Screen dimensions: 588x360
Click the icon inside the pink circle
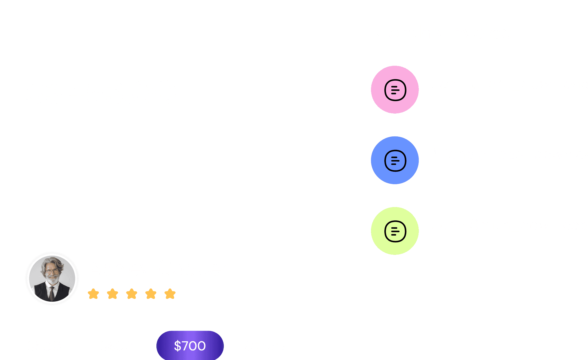[x=395, y=90]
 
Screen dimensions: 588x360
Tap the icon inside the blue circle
[x=395, y=161]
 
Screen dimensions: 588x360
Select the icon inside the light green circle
[x=395, y=231]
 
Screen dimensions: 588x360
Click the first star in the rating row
[x=93, y=294]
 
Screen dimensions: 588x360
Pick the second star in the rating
[x=112, y=294]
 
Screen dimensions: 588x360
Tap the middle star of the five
[x=132, y=294]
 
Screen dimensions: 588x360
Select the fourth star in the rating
[x=151, y=294]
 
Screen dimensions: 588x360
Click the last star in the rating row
[x=170, y=294]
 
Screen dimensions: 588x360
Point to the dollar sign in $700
[x=177, y=346]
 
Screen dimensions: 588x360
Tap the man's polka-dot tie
[x=52, y=294]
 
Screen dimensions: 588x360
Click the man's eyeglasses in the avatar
[x=52, y=271]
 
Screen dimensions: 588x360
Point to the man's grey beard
[x=53, y=279]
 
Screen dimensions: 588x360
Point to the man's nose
[x=52, y=274]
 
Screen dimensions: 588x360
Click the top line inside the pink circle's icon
[x=394, y=87]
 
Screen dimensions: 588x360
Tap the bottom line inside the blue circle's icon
[x=394, y=164]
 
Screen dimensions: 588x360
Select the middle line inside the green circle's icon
[x=395, y=231]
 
